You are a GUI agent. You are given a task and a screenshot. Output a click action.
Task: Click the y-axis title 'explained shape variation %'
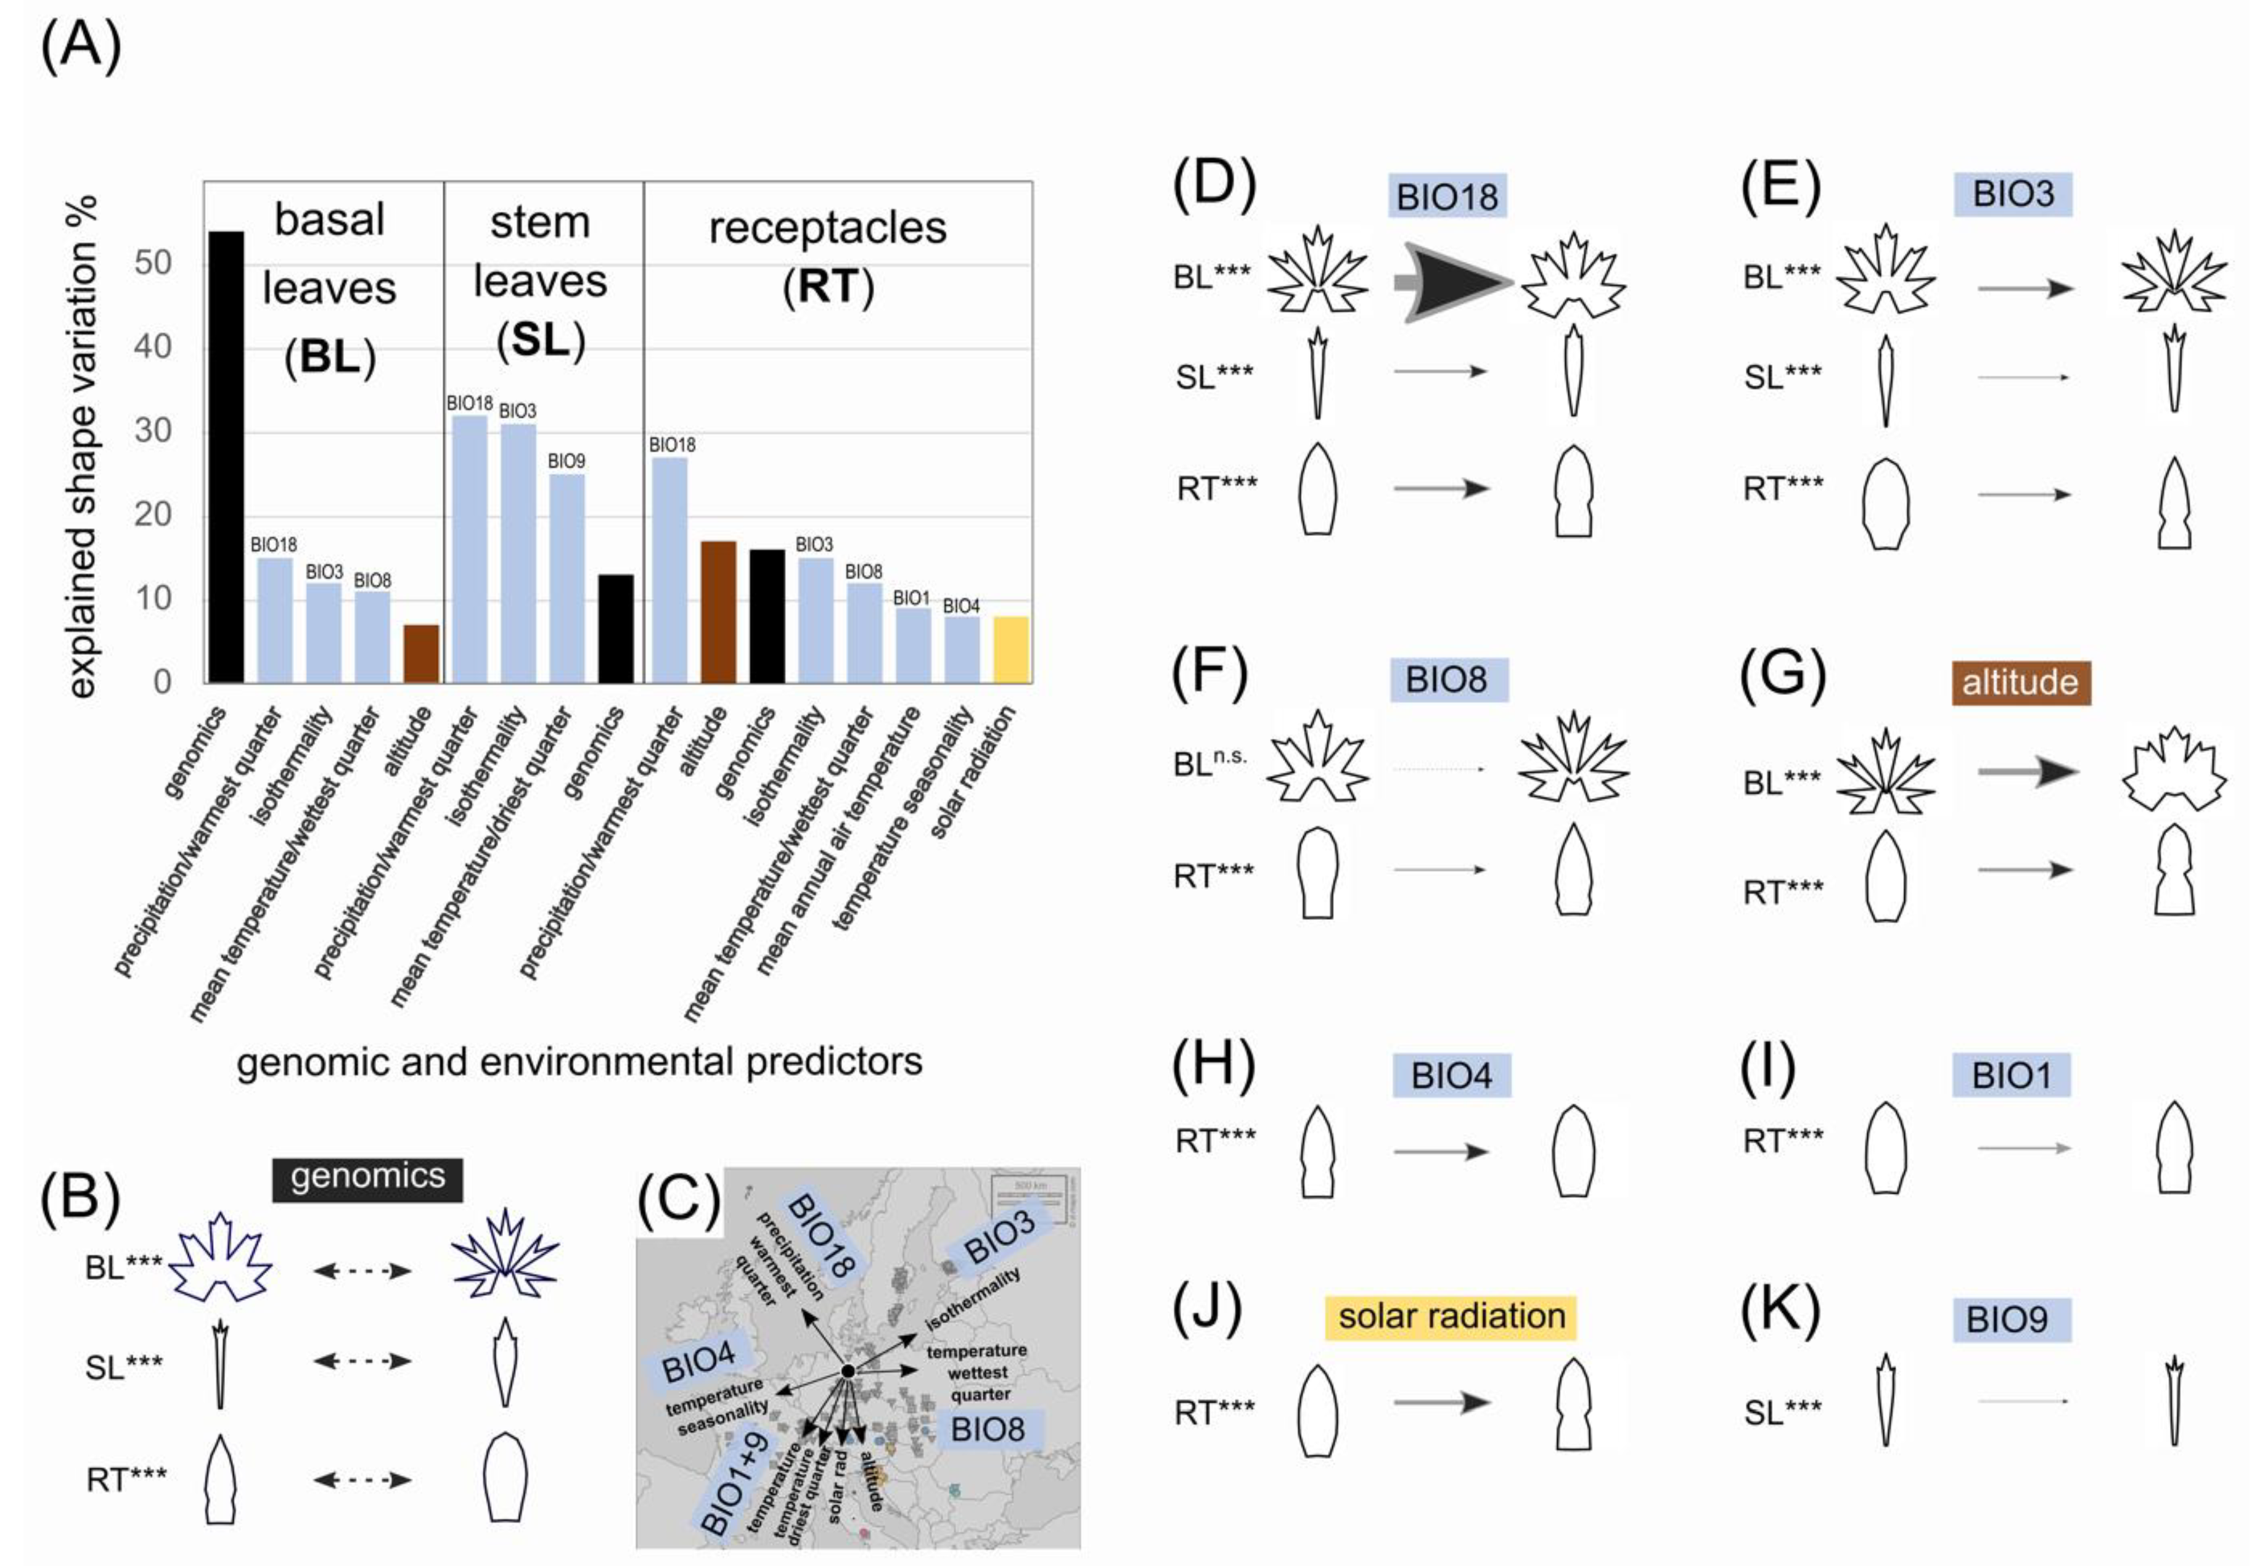[x=83, y=446]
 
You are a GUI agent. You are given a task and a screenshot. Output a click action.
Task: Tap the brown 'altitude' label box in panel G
[x=2020, y=682]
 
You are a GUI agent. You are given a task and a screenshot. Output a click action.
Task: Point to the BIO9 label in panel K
[x=2006, y=1320]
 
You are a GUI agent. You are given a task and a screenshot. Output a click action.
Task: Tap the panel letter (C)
[x=678, y=1199]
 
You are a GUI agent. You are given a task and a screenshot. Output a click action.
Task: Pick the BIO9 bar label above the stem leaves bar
[x=566, y=461]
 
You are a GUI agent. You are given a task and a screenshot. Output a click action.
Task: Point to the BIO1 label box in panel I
[x=2011, y=1075]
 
